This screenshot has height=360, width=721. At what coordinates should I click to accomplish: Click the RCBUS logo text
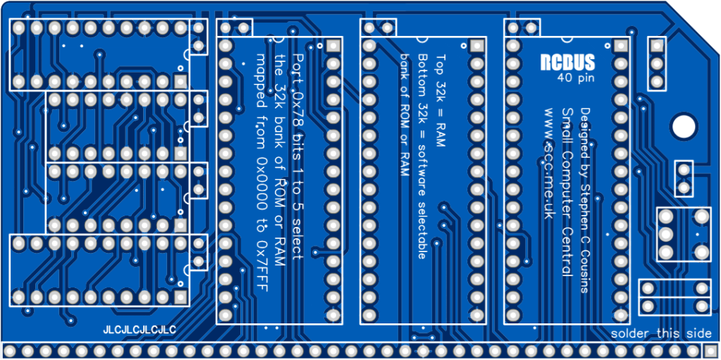pos(568,62)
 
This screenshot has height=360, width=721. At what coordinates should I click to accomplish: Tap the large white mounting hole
pos(682,126)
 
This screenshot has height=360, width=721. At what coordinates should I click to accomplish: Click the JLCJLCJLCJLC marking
pos(139,330)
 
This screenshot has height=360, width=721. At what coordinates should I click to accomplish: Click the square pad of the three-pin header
pos(657,46)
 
